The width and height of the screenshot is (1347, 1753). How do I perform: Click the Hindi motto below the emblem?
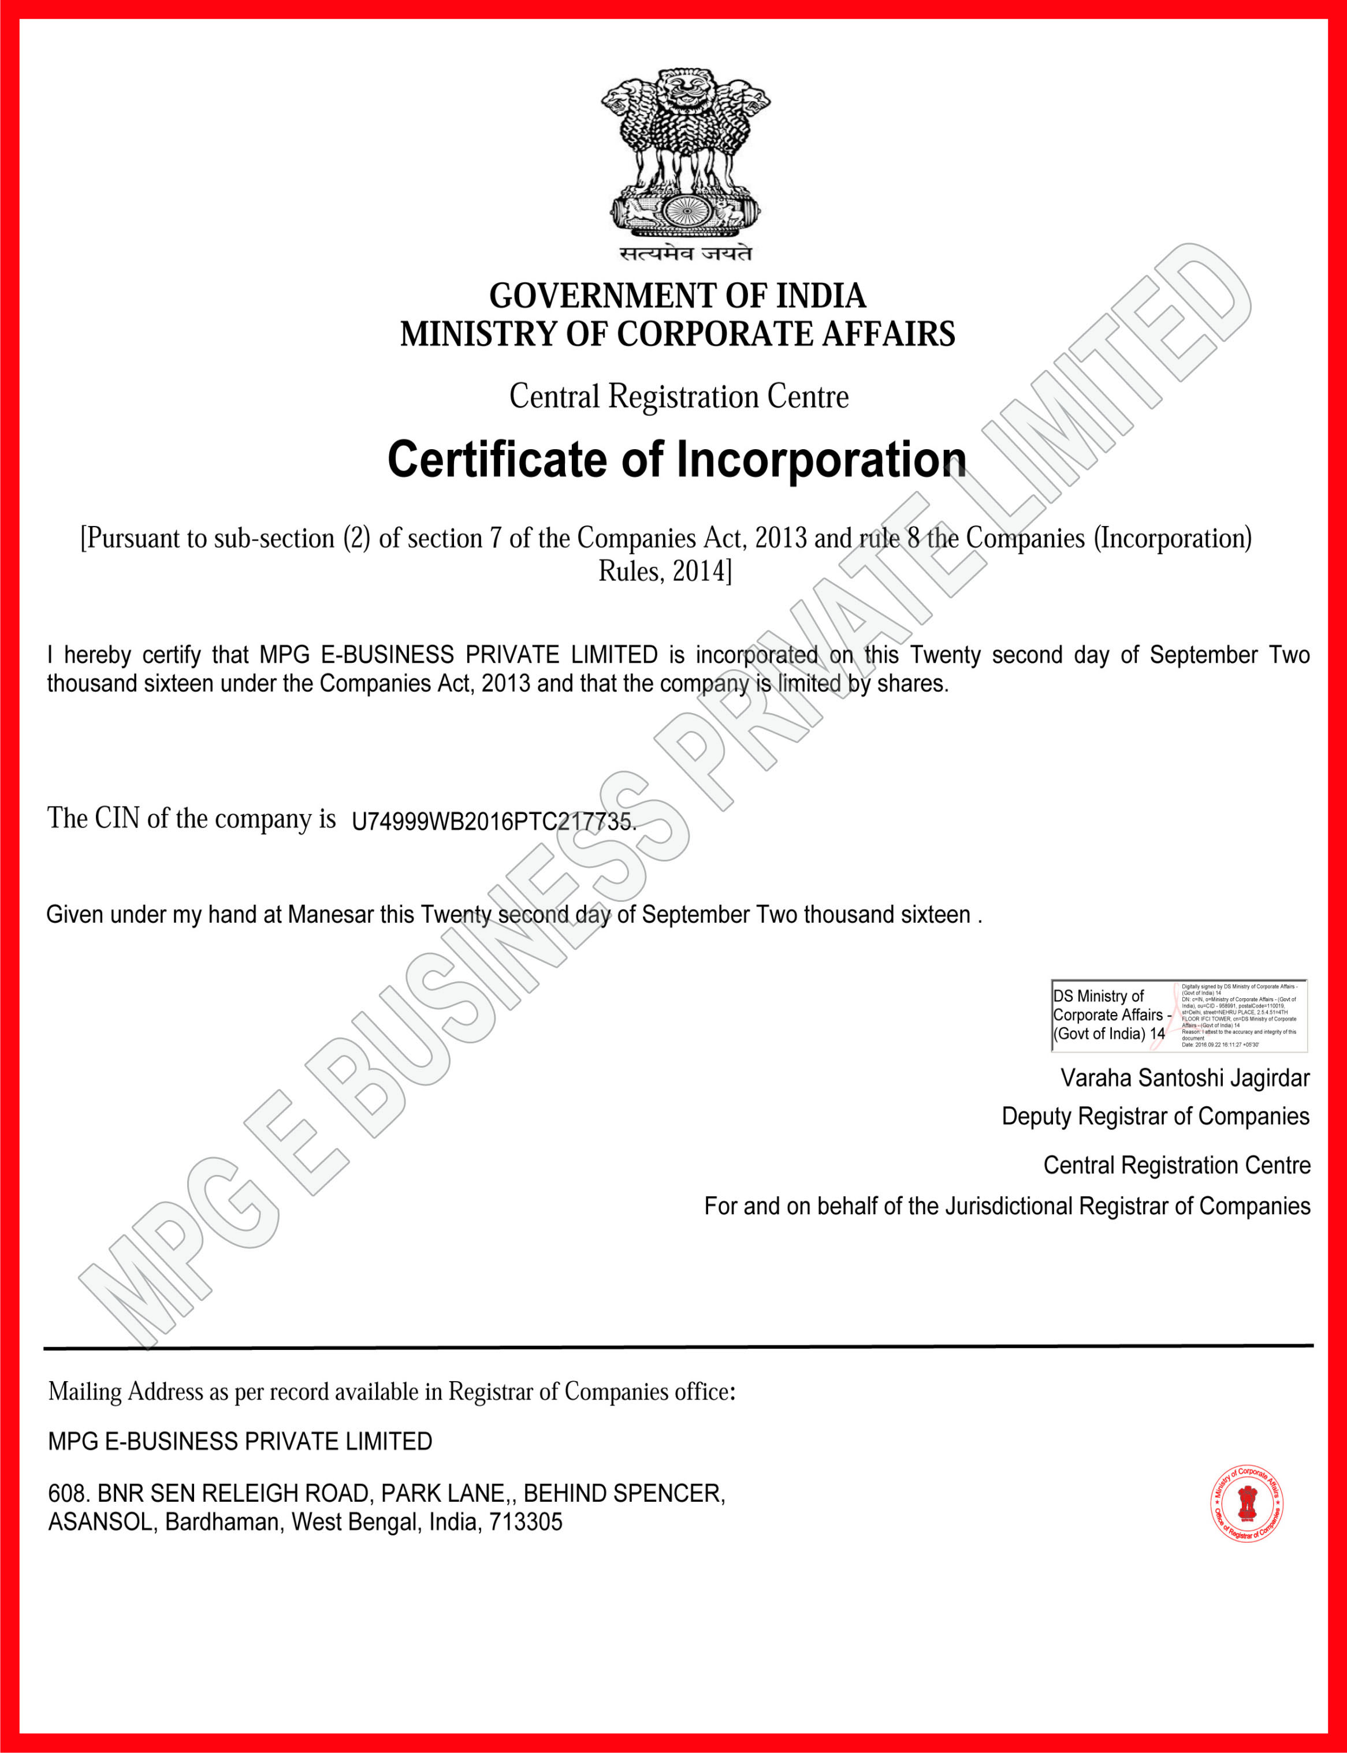686,253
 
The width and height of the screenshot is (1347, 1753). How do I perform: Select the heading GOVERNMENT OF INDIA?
678,296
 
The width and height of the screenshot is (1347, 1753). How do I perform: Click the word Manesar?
330,915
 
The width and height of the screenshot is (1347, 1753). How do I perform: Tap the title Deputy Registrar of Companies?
1155,1117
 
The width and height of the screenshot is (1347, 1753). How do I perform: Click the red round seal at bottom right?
1246,1505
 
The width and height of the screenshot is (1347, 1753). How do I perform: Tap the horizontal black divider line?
678,1348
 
